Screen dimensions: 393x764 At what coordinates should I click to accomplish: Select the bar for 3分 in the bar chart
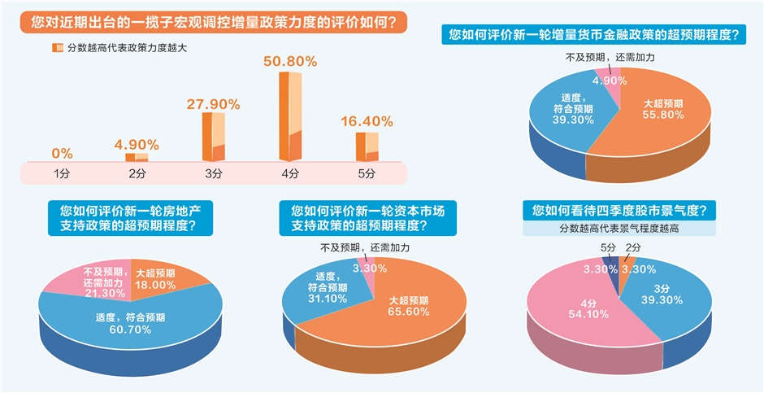(x=213, y=136)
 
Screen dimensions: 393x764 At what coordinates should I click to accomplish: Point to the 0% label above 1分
(x=62, y=153)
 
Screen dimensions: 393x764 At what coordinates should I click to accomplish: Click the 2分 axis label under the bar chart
(x=137, y=173)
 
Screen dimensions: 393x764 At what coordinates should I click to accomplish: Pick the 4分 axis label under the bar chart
(x=290, y=173)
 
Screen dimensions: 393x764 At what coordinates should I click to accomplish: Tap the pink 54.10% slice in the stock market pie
(x=573, y=305)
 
